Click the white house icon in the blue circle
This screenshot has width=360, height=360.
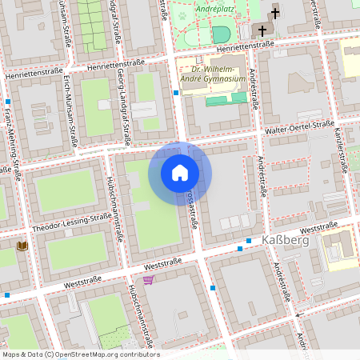tap(180, 174)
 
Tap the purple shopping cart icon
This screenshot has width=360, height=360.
tap(149, 279)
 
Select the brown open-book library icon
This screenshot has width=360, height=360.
tap(22, 245)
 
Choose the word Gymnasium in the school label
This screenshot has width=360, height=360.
tap(223, 79)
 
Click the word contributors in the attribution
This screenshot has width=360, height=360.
tap(138, 354)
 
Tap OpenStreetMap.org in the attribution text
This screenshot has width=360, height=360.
tap(87, 354)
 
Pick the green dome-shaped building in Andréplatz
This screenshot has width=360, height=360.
tap(221, 34)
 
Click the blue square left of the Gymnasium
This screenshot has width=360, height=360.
tap(176, 94)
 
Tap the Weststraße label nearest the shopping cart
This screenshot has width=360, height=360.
tap(163, 262)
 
